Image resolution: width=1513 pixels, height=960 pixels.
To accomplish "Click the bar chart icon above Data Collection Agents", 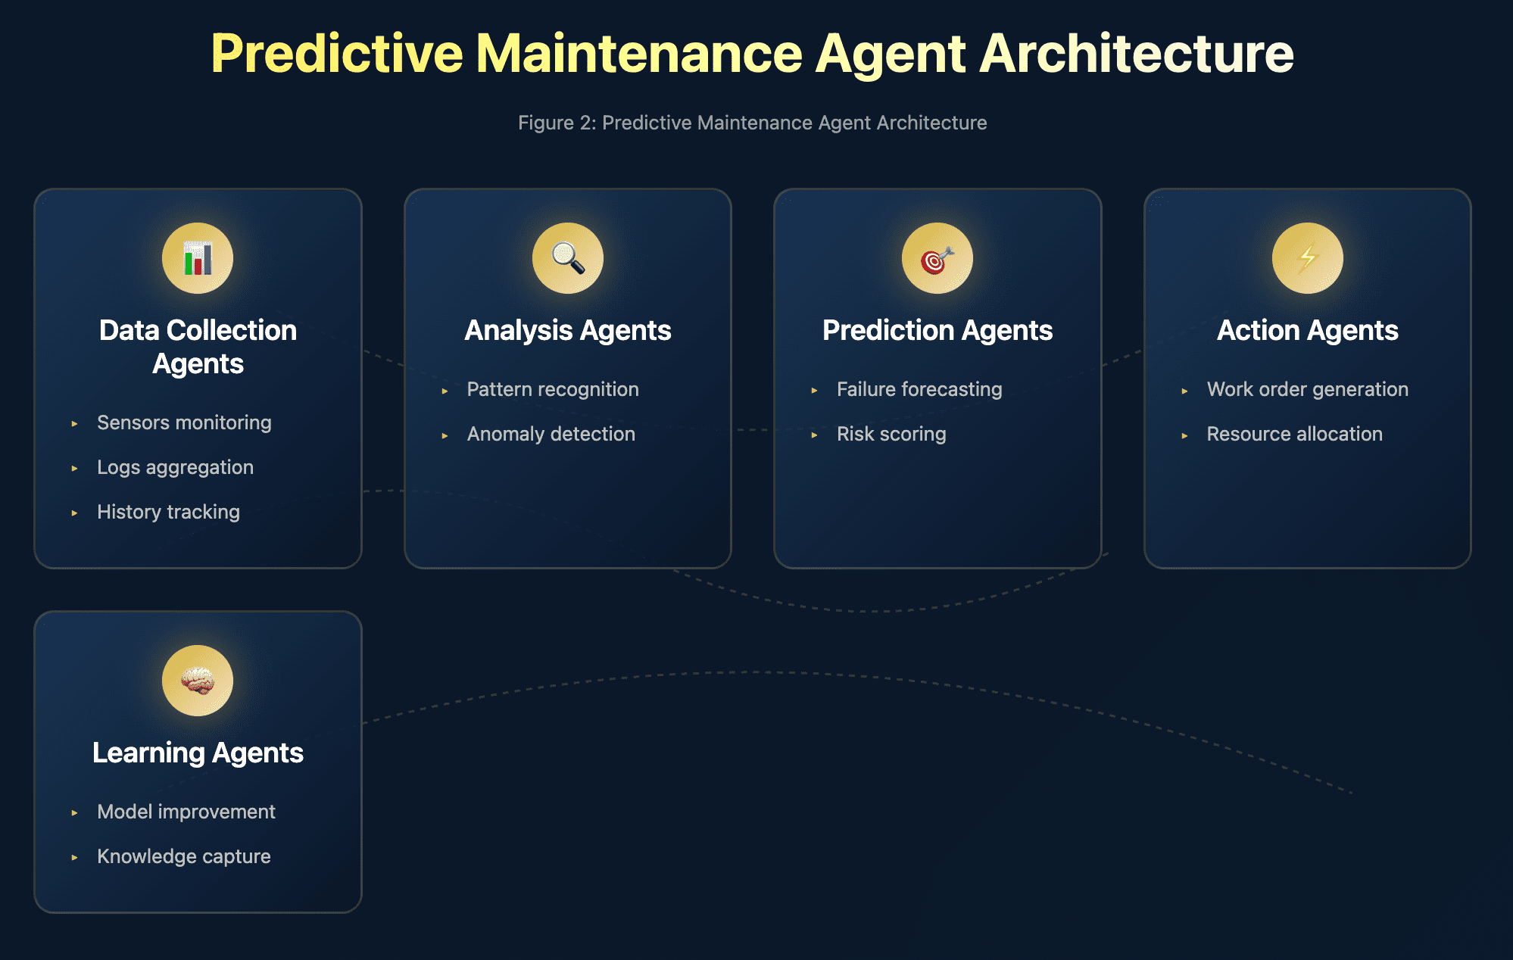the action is [x=198, y=258].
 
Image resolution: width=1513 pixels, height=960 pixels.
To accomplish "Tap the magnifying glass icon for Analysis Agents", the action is [x=568, y=258].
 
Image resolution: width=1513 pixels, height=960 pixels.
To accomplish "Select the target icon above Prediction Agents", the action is [x=937, y=258].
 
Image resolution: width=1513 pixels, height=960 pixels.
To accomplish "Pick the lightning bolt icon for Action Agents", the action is [x=1308, y=258].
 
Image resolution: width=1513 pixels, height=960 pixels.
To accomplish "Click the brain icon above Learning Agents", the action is [x=198, y=681].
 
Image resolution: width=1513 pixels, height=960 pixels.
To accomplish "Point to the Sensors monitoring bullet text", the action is [x=184, y=422].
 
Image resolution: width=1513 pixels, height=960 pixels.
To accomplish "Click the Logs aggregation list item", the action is [x=175, y=467].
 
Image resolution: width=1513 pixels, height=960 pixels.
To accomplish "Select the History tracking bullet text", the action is [x=168, y=512].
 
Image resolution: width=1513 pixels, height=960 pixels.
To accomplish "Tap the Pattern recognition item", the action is [x=553, y=389].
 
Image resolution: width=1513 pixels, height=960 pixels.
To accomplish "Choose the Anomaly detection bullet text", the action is [x=551, y=434].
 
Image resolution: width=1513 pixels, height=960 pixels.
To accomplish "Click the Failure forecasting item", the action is [x=919, y=389].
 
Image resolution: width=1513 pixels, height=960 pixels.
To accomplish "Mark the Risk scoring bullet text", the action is [x=891, y=434].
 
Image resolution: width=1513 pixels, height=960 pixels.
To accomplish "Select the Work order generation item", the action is [x=1308, y=389].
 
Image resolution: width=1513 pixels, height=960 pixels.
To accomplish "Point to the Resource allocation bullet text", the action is [x=1295, y=434].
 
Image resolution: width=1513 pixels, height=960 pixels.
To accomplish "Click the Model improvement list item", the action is [x=186, y=812].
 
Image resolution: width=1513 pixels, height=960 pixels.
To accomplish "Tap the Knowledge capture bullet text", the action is [x=184, y=856].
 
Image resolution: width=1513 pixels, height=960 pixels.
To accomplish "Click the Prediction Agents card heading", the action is [x=937, y=331].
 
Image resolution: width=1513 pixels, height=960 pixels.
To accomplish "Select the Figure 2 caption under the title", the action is [x=753, y=123].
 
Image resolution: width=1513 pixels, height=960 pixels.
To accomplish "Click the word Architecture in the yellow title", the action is [x=1137, y=54].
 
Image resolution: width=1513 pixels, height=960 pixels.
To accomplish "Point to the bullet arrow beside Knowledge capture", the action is [x=74, y=858].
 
